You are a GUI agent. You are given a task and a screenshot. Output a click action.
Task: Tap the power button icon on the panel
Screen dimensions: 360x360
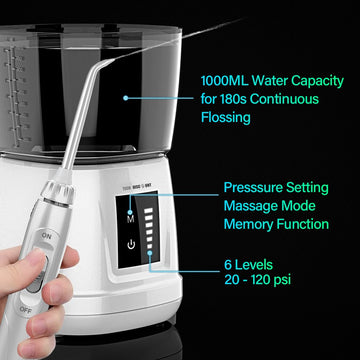(131, 243)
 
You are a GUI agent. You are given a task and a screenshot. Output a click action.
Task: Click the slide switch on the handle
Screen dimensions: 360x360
(38, 270)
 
